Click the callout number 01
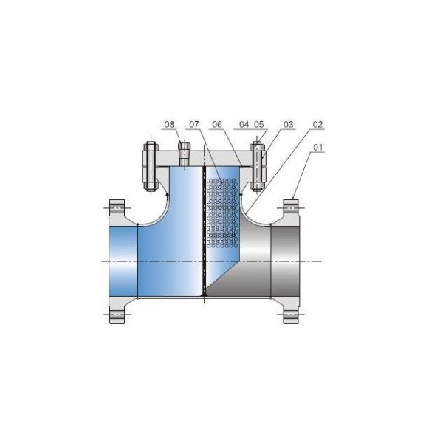[317, 147]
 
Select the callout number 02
[317, 124]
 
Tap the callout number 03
[288, 124]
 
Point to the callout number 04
[244, 124]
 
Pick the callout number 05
[259, 124]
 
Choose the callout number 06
[217, 124]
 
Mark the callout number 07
[194, 124]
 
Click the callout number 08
[169, 124]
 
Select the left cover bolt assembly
[151, 167]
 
